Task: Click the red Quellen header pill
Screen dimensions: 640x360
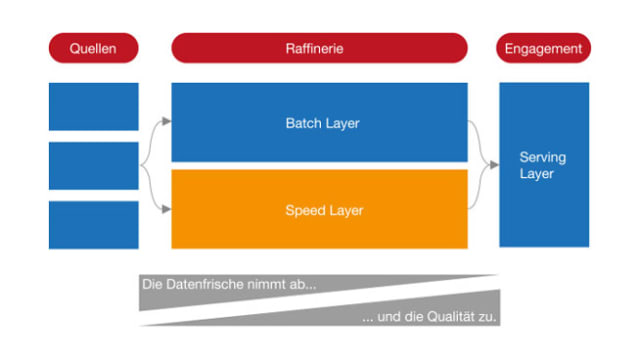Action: pos(93,48)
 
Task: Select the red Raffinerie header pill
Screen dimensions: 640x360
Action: pos(319,48)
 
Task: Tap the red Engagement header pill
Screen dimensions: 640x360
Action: pos(543,48)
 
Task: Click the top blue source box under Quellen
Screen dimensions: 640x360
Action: pos(93,107)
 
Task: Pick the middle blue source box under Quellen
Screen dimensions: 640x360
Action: pos(93,166)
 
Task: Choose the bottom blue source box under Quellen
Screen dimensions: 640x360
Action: pos(93,225)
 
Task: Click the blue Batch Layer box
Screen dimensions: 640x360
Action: pos(319,122)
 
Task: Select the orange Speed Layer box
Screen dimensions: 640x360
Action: pos(319,209)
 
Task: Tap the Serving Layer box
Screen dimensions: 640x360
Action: pos(544,165)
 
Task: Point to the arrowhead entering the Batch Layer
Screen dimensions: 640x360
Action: pos(167,121)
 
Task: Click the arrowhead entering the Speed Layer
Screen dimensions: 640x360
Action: pos(167,209)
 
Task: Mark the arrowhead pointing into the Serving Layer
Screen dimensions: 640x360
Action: pos(494,165)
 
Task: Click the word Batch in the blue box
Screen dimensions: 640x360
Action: pos(303,123)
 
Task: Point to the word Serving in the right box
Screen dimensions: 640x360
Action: pos(542,158)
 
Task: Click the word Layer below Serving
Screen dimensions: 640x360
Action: pos(536,174)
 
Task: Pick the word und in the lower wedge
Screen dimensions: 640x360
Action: pos(389,317)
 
